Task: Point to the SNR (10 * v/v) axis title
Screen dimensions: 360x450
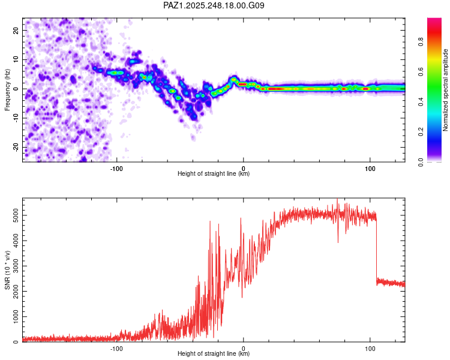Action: pyautogui.click(x=7, y=270)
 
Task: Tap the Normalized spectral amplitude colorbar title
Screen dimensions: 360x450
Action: pyautogui.click(x=446, y=90)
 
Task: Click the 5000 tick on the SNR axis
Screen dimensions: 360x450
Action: pyautogui.click(x=12, y=214)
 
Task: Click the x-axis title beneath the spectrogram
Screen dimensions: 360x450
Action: pyautogui.click(x=214, y=174)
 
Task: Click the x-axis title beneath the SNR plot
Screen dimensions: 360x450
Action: pyautogui.click(x=214, y=354)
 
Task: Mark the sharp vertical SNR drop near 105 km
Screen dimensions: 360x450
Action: pyautogui.click(x=376, y=249)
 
